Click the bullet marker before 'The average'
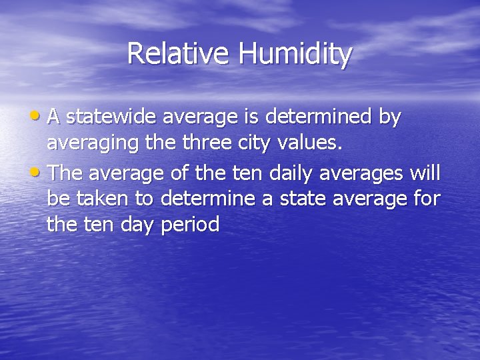coord(38,173)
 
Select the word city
coord(244,146)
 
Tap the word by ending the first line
coord(389,119)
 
